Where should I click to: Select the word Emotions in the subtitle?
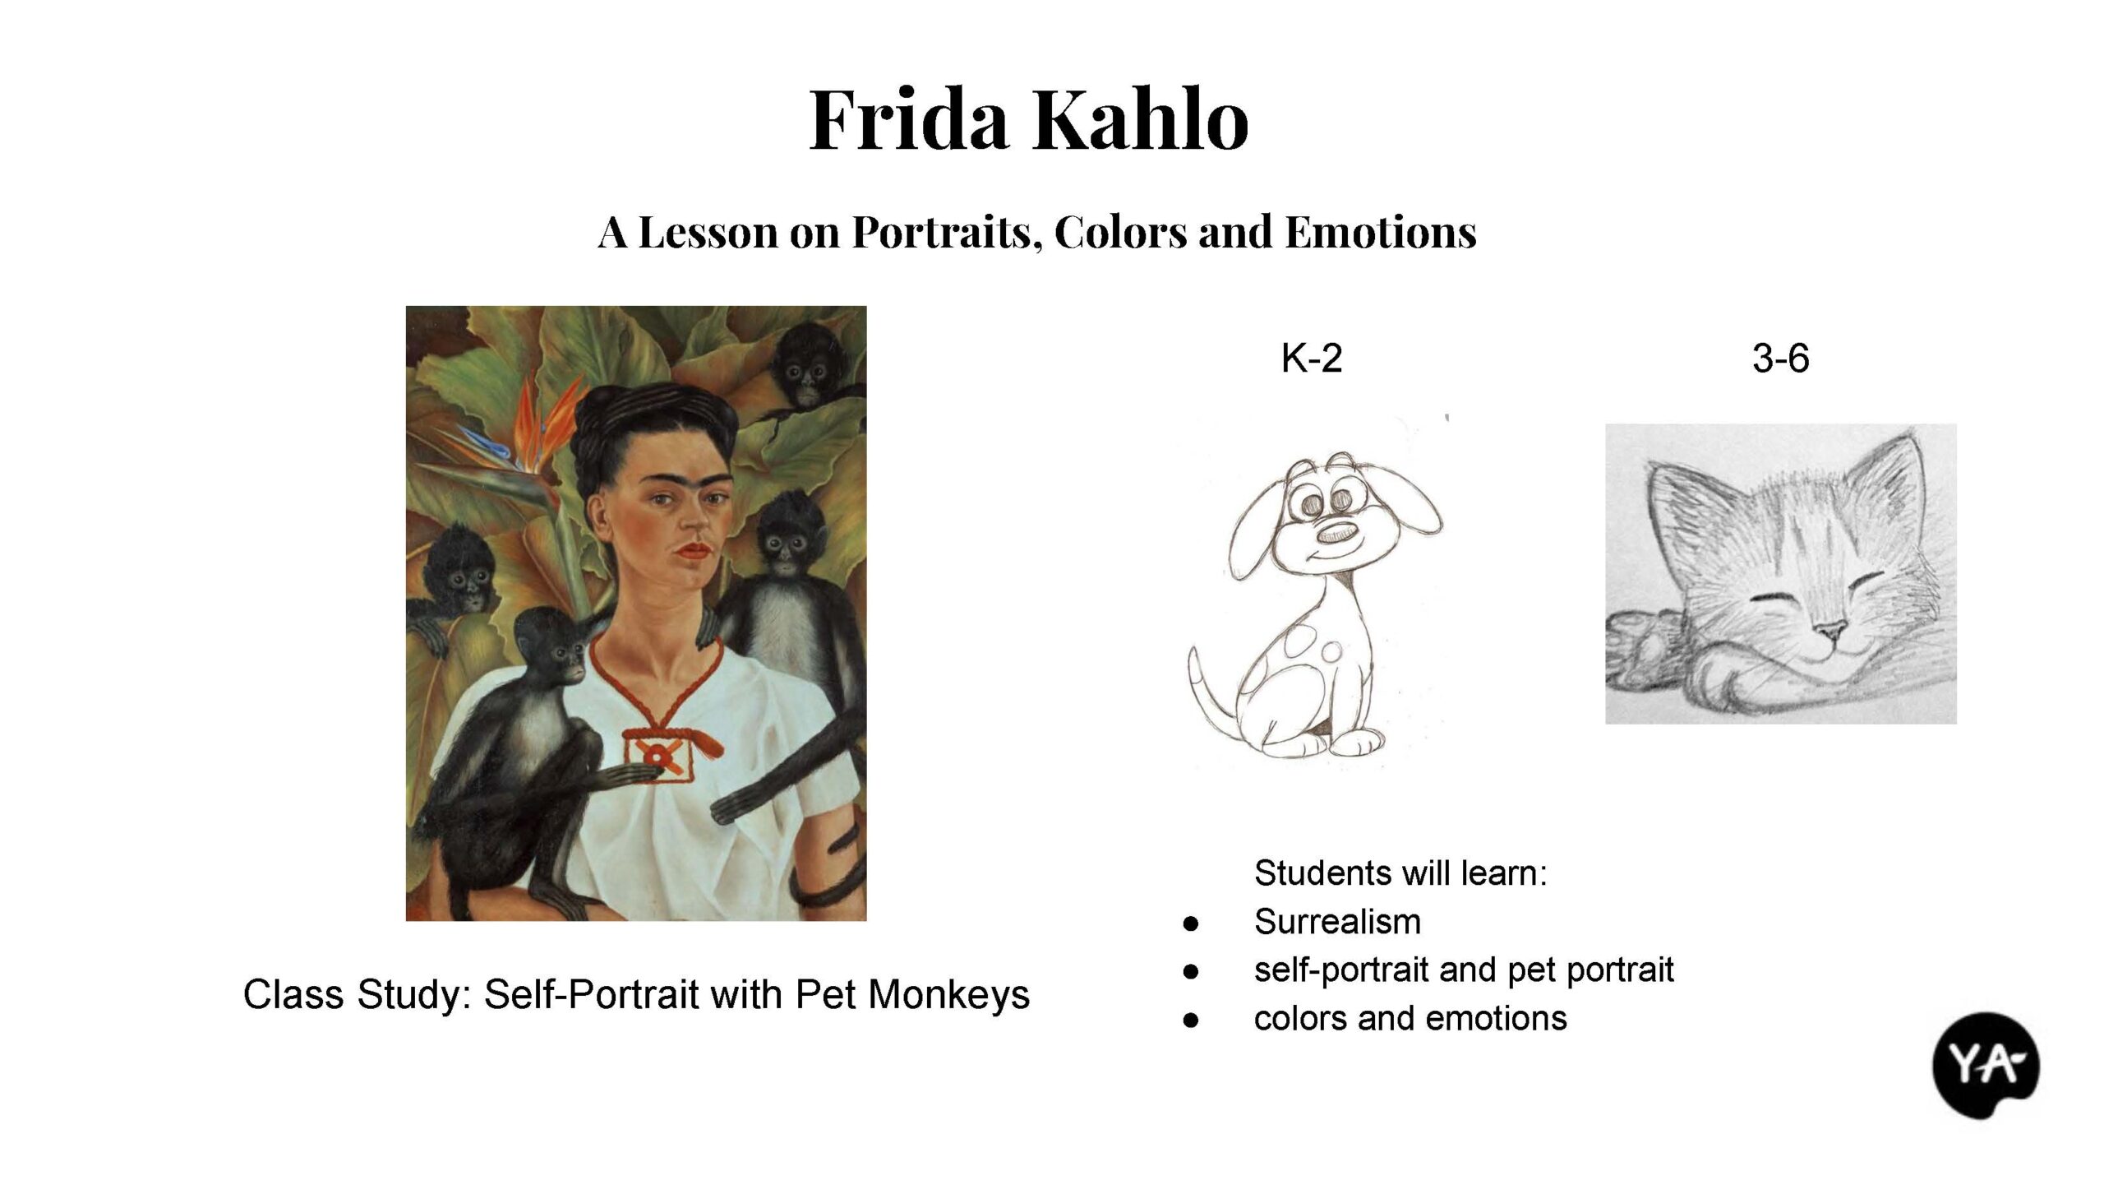pos(1381,232)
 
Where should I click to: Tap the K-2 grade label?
pos(1312,359)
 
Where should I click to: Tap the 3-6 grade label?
pos(1781,359)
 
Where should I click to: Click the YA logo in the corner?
pos(1986,1065)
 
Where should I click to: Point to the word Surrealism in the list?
pos(1337,922)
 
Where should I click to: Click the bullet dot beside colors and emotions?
pos(1190,1021)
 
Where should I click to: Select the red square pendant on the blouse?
pos(657,754)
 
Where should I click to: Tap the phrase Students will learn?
pos(1400,873)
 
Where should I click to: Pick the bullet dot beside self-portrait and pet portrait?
pos(1190,972)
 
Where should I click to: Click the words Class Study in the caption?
pos(357,995)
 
